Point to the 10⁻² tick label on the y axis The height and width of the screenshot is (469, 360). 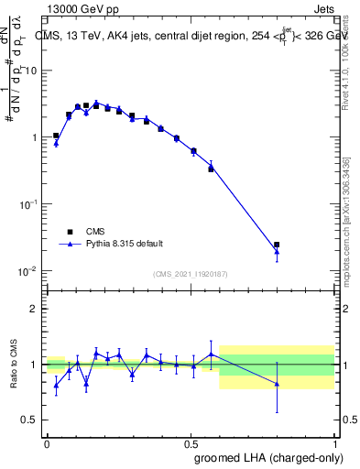30,270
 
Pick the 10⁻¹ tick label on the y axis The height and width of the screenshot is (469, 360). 30,203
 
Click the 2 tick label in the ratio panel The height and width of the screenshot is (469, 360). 36,310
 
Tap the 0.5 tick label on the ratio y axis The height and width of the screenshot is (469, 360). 31,420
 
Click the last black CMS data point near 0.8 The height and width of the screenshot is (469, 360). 277,245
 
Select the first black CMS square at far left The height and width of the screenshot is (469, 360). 56,136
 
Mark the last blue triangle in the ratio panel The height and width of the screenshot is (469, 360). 277,384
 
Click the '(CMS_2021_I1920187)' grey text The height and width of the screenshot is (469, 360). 191,274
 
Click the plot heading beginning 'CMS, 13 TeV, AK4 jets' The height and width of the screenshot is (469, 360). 192,37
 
